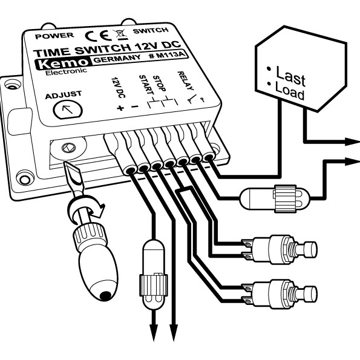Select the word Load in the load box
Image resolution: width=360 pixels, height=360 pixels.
pyautogui.click(x=290, y=93)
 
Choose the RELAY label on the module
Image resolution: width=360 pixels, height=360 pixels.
pyautogui.click(x=186, y=78)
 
